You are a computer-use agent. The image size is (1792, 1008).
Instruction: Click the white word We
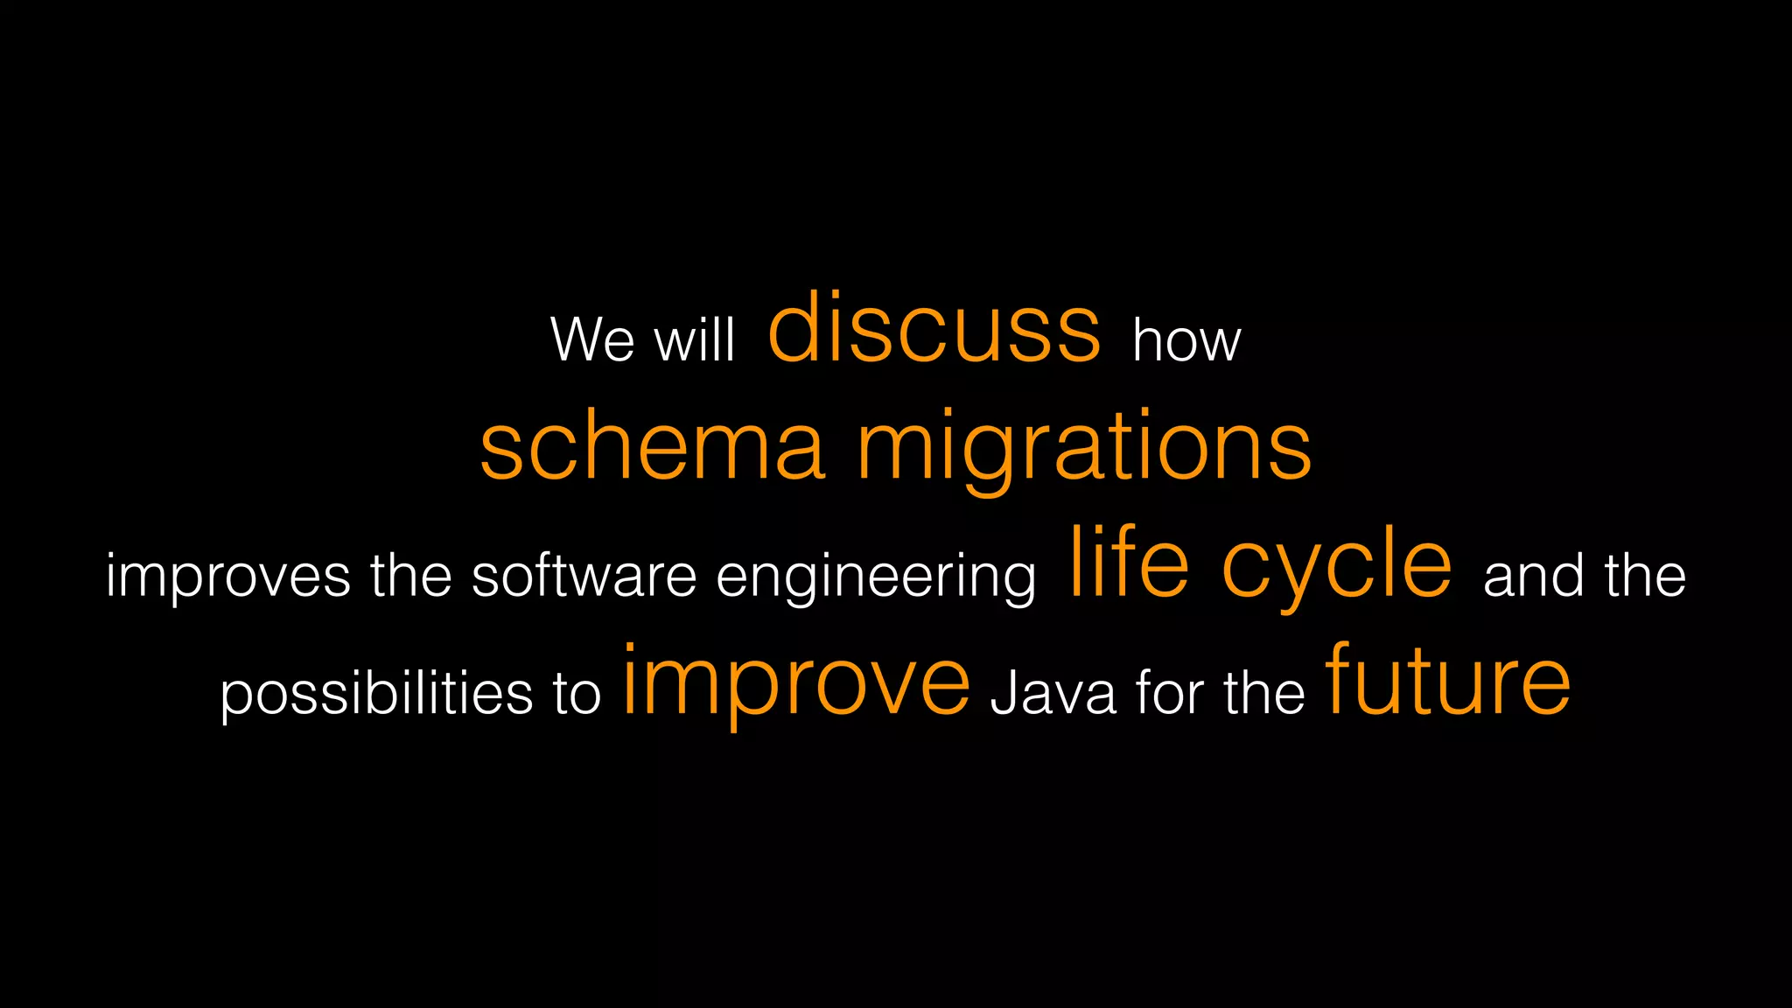coord(592,339)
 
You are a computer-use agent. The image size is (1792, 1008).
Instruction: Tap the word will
coord(696,339)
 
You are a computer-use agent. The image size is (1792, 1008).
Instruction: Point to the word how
coord(1186,339)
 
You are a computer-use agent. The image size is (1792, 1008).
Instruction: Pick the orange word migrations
coord(1084,448)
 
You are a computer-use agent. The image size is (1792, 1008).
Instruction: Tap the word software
coord(584,576)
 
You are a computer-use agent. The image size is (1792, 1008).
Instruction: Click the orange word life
coord(1129,564)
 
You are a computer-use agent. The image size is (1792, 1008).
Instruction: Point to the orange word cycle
coord(1336,569)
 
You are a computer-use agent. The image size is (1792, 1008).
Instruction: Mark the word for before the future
coord(1170,693)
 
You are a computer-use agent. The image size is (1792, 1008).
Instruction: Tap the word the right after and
coord(1645,576)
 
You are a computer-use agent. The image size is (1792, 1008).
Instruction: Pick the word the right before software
coord(410,576)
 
